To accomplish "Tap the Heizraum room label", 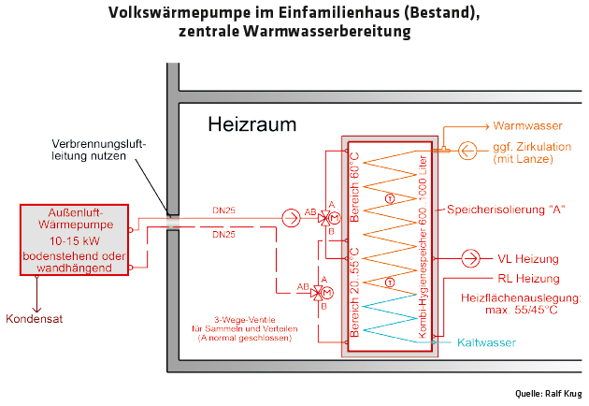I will click(x=251, y=123).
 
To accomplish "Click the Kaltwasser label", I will click(x=486, y=343).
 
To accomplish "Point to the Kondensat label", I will click(x=38, y=318).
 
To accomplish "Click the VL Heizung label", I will click(x=529, y=258).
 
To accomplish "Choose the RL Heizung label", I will click(x=529, y=278).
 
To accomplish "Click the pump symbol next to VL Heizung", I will click(x=473, y=258).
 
